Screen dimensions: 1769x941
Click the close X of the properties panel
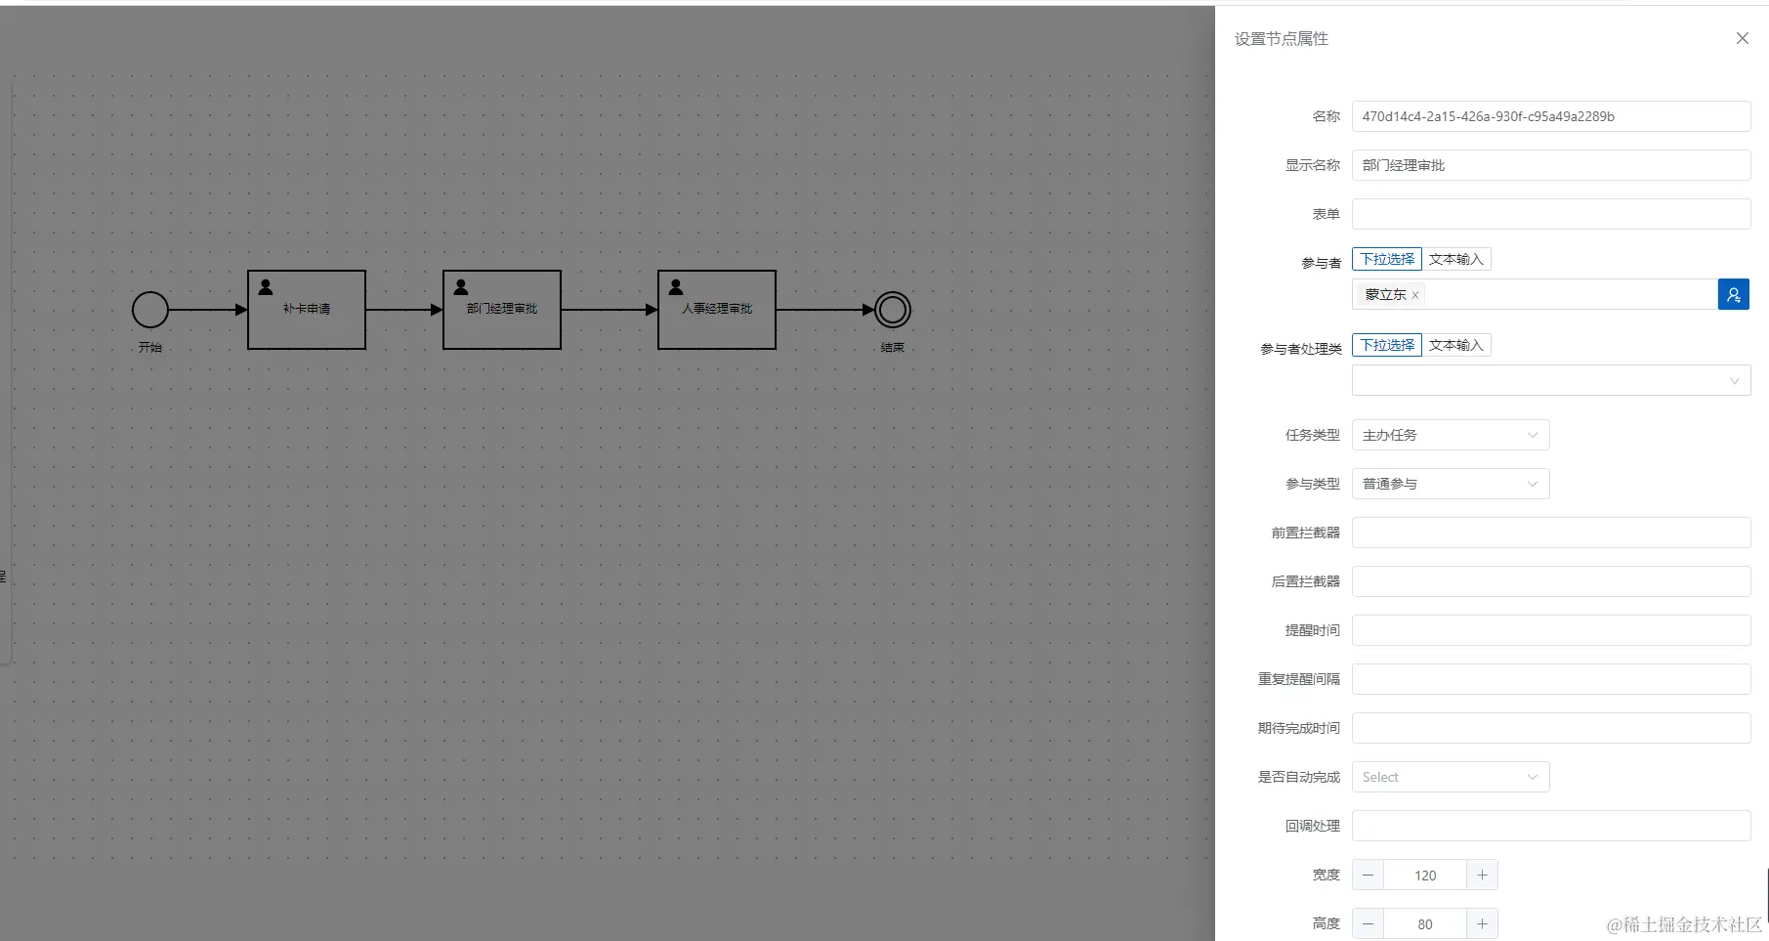1742,38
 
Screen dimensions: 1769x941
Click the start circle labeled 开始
150,310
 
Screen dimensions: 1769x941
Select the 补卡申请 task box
307,310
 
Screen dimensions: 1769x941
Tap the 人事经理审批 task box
717,310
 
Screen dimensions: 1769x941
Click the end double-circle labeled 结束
892,310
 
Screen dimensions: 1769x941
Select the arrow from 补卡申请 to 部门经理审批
403,310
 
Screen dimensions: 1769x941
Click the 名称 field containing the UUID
1550,116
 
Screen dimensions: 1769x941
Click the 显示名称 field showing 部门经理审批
1550,165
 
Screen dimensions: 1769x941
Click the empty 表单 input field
1550,214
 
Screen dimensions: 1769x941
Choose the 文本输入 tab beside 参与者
1455,259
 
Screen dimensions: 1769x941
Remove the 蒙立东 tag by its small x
1415,295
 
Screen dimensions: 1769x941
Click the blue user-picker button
1733,294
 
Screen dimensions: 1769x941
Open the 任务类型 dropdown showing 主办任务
1450,435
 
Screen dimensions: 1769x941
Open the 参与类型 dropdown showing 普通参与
1450,484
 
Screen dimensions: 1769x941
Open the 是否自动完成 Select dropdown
1450,777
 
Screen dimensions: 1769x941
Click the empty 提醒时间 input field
1550,630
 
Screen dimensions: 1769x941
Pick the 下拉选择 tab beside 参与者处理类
1387,345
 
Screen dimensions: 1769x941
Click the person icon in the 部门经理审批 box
461,287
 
